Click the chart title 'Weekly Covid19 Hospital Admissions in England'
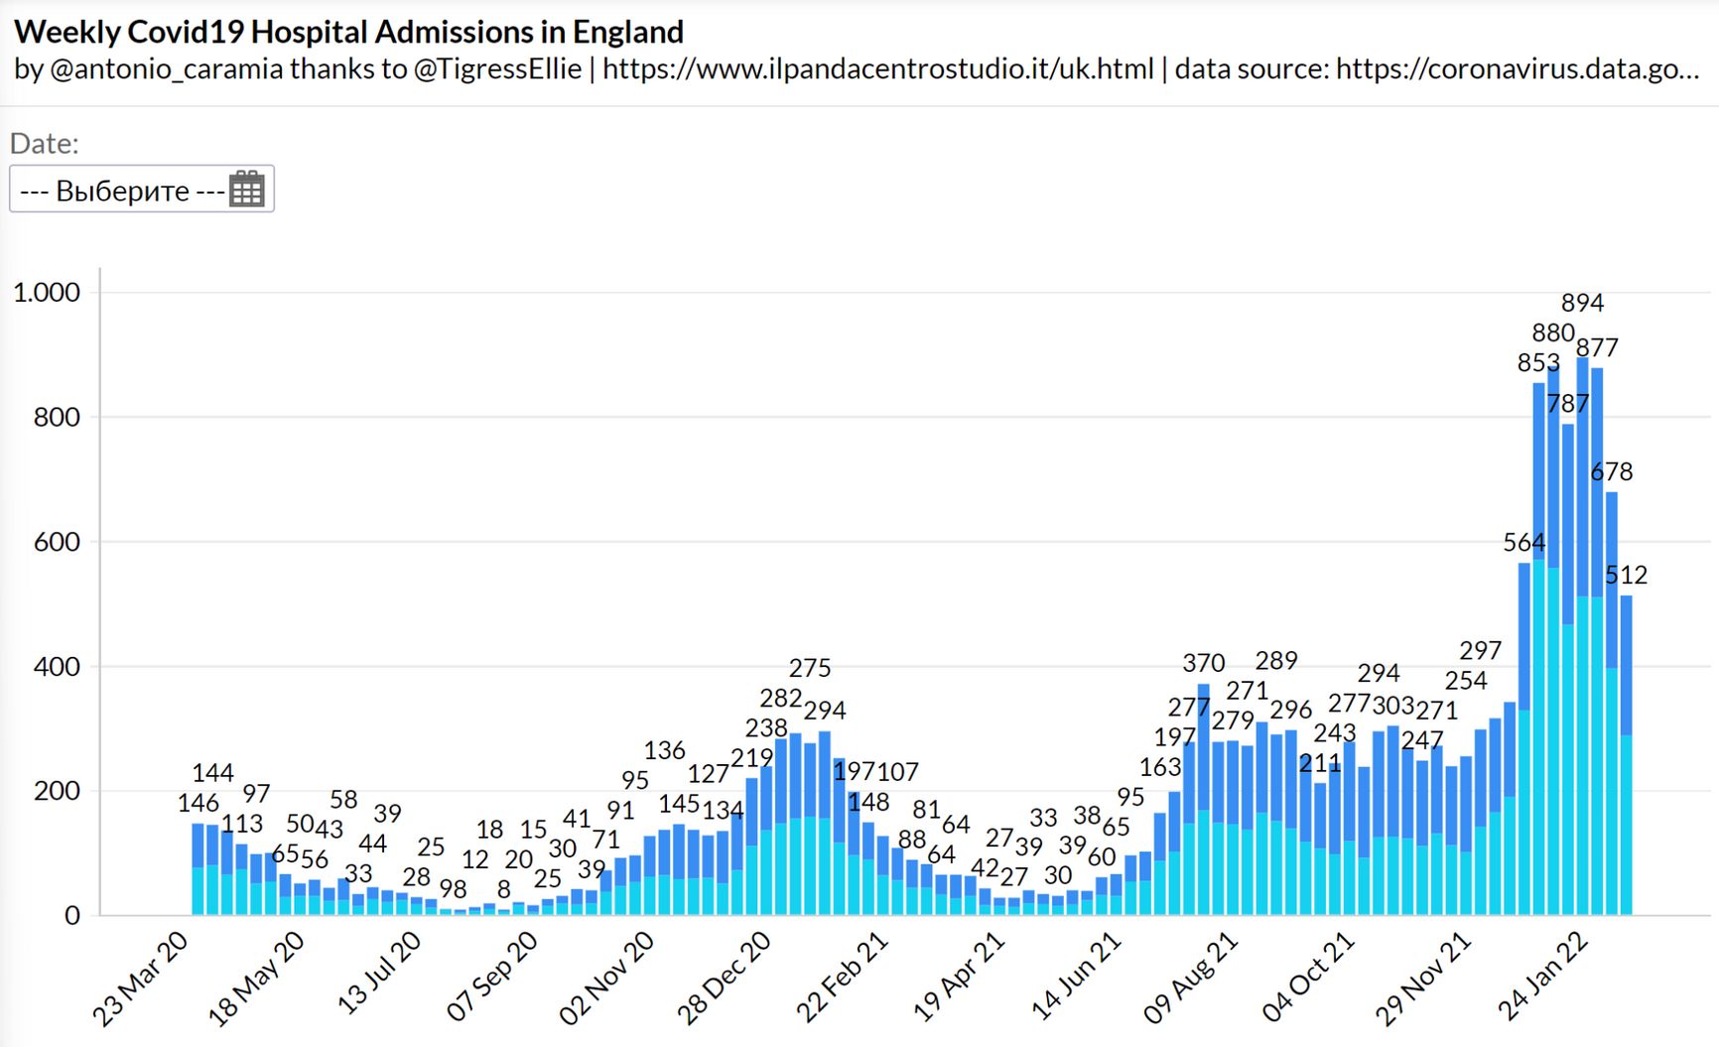click(348, 32)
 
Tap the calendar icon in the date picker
click(246, 189)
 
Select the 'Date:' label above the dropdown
click(44, 144)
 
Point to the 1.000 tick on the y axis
click(47, 293)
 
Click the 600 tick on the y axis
click(57, 542)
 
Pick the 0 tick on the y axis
click(72, 916)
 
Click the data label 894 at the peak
click(1582, 303)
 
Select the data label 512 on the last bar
click(1627, 575)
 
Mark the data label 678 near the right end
click(1612, 472)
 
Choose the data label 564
click(1523, 543)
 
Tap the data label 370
click(1204, 663)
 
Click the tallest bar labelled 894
click(1582, 635)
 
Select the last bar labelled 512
click(1626, 754)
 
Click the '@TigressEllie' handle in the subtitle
click(497, 68)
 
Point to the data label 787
click(1568, 404)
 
